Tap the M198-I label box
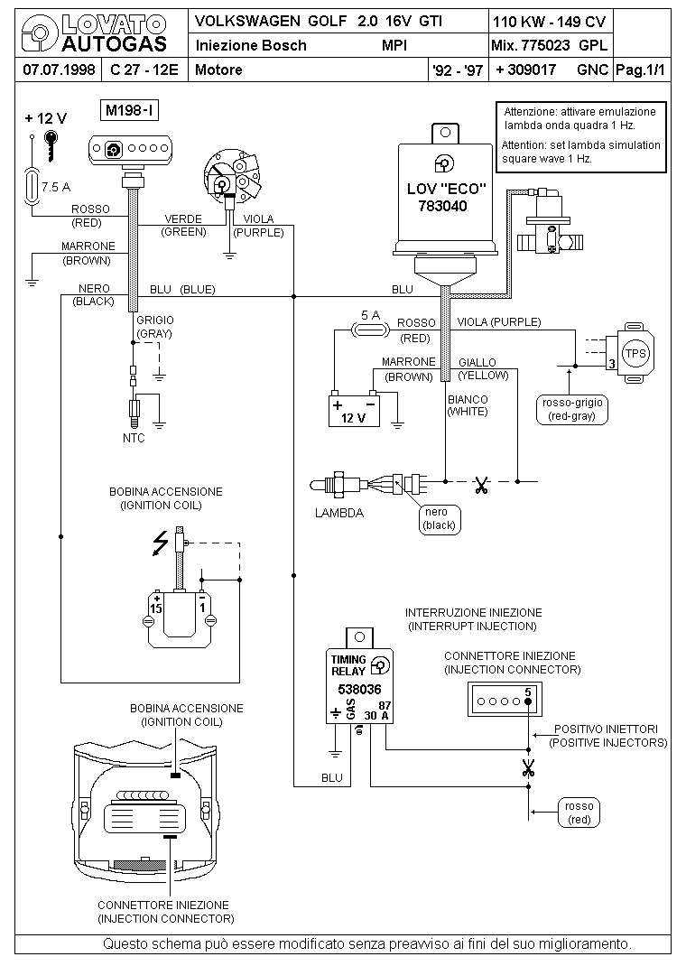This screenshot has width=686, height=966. click(129, 111)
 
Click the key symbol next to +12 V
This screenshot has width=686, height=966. click(51, 145)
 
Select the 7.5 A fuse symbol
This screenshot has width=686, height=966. click(31, 185)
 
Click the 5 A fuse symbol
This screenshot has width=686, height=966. click(370, 331)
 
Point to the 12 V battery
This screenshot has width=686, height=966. click(354, 409)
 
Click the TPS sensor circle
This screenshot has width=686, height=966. click(635, 354)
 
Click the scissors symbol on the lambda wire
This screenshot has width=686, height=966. click(481, 485)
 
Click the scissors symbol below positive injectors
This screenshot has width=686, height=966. click(528, 767)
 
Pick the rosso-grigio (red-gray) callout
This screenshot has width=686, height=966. click(572, 409)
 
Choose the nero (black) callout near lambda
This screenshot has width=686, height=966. click(439, 519)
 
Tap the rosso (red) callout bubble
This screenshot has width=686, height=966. click(579, 813)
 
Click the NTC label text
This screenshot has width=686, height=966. click(134, 438)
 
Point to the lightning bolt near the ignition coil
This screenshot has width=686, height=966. click(161, 543)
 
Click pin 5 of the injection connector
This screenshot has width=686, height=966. click(528, 701)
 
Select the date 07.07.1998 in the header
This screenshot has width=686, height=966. click(59, 70)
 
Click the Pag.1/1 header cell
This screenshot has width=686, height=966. click(641, 70)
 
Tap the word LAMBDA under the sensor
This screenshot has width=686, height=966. click(339, 513)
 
